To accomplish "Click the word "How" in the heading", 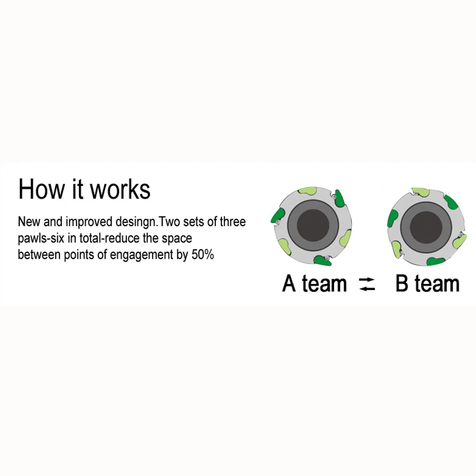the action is [41, 189].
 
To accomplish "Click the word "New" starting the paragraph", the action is [29, 222].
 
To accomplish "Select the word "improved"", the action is [89, 222].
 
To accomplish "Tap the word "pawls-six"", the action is [41, 238].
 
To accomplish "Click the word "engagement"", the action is [141, 255].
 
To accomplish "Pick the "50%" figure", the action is [203, 254].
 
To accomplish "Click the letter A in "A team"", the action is [289, 283].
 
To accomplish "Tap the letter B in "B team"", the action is [402, 283].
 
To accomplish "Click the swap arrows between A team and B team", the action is [367, 284].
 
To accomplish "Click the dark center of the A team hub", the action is [313, 226].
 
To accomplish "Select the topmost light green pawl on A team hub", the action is [308, 191].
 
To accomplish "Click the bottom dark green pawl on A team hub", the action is [322, 261].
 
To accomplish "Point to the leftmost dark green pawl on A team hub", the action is [278, 216].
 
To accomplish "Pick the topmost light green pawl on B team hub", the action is [421, 192].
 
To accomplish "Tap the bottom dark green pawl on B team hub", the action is [436, 261].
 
